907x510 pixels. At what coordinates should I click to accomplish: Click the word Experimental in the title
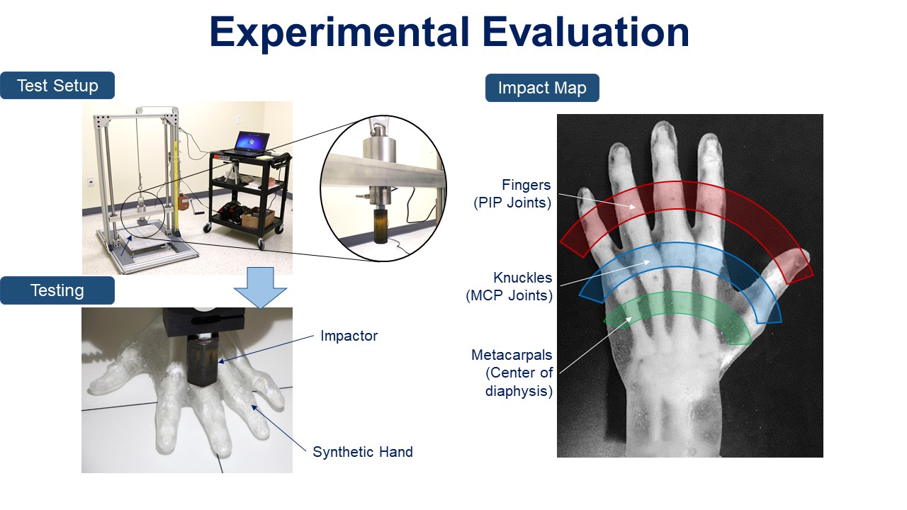click(339, 33)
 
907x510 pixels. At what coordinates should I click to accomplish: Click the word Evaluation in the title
click(586, 33)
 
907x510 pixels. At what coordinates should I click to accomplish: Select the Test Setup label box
click(57, 86)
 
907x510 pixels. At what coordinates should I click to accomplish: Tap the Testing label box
click(57, 290)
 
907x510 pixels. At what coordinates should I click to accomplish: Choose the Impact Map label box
click(542, 88)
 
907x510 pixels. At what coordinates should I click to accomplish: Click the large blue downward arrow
click(260, 288)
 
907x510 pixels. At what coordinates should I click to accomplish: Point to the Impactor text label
click(349, 336)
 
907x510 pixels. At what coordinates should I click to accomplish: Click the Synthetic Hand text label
click(362, 452)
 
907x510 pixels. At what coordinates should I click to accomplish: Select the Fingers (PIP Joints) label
click(514, 194)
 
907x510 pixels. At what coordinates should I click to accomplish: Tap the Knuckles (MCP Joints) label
click(510, 287)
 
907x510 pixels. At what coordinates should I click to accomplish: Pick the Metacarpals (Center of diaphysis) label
click(512, 373)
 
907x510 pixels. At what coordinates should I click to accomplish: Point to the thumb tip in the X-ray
click(804, 256)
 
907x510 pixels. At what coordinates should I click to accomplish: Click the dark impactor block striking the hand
click(203, 361)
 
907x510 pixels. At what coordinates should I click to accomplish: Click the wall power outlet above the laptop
click(239, 120)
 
